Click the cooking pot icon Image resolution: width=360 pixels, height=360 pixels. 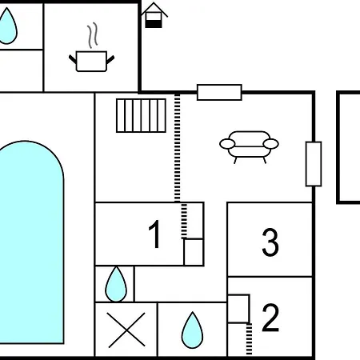click(x=91, y=61)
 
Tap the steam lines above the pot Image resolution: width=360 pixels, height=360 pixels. click(x=92, y=35)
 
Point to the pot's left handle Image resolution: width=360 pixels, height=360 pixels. click(x=73, y=59)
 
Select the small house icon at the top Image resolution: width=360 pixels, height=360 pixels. click(x=154, y=15)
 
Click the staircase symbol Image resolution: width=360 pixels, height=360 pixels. click(x=141, y=115)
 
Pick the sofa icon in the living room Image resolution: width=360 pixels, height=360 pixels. click(x=249, y=147)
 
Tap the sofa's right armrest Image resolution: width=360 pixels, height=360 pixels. click(x=271, y=144)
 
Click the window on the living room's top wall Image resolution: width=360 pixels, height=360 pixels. click(x=219, y=92)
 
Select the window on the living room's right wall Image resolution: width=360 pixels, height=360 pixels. click(x=314, y=164)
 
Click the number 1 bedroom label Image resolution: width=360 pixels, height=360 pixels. click(x=154, y=234)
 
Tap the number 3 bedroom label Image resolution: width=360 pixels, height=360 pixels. click(x=270, y=242)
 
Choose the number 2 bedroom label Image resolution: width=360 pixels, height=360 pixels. click(x=270, y=318)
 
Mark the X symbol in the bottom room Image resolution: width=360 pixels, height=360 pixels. click(x=126, y=330)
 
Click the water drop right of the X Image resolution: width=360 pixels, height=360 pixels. click(x=192, y=330)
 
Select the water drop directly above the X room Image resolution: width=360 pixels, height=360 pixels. click(x=116, y=284)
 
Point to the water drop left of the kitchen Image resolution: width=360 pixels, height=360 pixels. click(x=7, y=26)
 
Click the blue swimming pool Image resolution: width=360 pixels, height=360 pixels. click(x=31, y=242)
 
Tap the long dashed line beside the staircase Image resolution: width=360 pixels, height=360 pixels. click(x=178, y=147)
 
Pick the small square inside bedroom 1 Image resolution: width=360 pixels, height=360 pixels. click(x=194, y=252)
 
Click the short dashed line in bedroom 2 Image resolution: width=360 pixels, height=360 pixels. click(x=249, y=339)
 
